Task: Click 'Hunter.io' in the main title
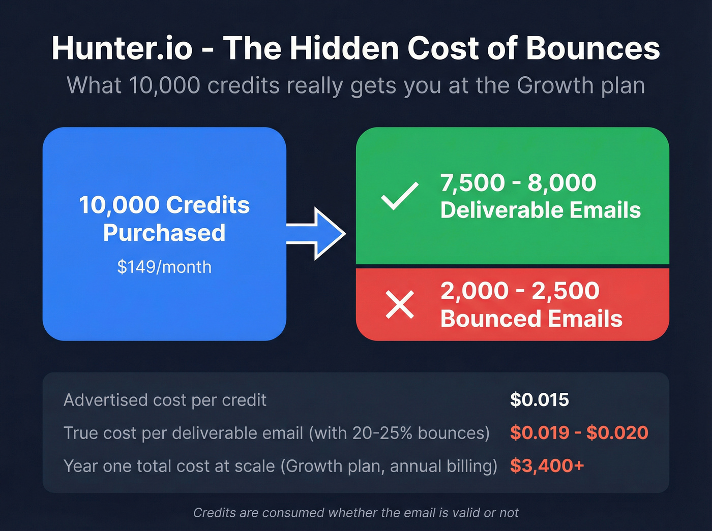click(122, 49)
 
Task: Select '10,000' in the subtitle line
click(164, 85)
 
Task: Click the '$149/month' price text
click(164, 267)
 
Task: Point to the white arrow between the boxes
click(318, 234)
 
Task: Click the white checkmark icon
click(400, 196)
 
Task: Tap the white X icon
click(400, 305)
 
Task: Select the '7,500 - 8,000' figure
click(518, 183)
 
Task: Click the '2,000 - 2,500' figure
click(520, 291)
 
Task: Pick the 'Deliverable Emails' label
click(540, 210)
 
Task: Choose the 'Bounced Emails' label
click(531, 319)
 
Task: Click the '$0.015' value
click(539, 400)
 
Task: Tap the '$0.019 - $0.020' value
click(579, 433)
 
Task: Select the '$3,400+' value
click(547, 465)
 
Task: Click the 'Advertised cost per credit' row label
click(165, 400)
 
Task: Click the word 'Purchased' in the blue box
click(164, 233)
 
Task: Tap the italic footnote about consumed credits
click(356, 513)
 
